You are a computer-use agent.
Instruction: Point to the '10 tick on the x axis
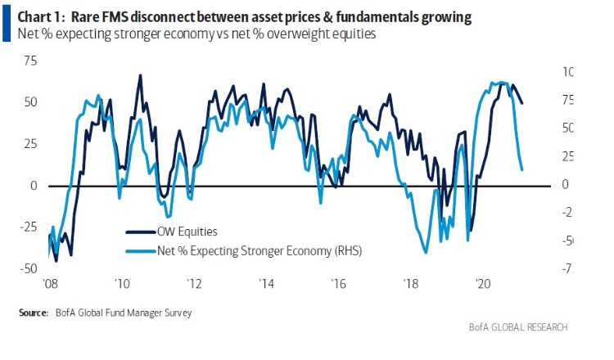(x=122, y=284)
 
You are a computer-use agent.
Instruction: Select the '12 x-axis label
(x=194, y=284)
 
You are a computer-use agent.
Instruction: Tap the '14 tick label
(x=267, y=284)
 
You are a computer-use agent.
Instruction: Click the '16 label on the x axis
(x=339, y=284)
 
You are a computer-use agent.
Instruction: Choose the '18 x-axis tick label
(x=411, y=284)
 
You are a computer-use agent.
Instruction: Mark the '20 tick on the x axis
(x=483, y=284)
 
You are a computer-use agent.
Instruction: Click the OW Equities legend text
(x=186, y=232)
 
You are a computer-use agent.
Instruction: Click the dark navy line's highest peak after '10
(x=140, y=75)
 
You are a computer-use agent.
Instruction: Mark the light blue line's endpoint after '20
(x=522, y=169)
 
